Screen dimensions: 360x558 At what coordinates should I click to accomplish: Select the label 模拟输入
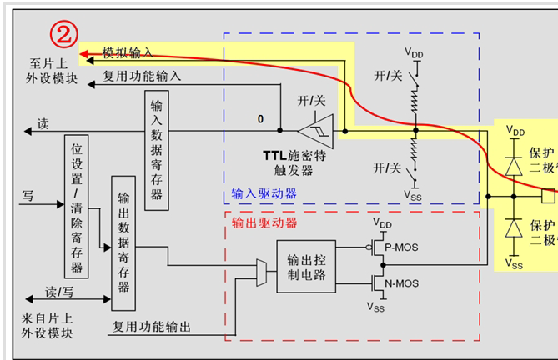[128, 52]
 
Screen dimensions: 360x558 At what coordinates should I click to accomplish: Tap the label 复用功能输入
[142, 76]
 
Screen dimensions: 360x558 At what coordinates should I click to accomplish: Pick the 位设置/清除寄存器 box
[76, 205]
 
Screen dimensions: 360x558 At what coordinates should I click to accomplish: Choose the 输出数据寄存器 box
[123, 242]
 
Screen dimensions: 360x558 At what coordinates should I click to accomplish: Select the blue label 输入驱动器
[264, 193]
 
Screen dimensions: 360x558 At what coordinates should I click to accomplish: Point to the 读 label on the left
[43, 124]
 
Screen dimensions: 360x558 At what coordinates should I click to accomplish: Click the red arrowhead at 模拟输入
[83, 56]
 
